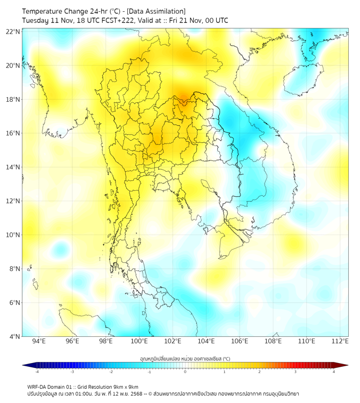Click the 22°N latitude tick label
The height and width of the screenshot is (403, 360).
click(13, 31)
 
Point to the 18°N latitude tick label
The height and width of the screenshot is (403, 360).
click(13, 99)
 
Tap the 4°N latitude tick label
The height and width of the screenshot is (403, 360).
click(14, 336)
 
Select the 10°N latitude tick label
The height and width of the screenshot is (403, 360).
click(13, 235)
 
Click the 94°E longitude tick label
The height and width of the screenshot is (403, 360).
click(39, 342)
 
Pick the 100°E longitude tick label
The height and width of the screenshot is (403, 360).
click(139, 342)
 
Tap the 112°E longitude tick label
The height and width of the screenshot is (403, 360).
click(340, 342)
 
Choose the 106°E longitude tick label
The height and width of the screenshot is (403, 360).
click(240, 342)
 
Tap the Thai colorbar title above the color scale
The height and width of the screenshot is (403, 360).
click(185, 358)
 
